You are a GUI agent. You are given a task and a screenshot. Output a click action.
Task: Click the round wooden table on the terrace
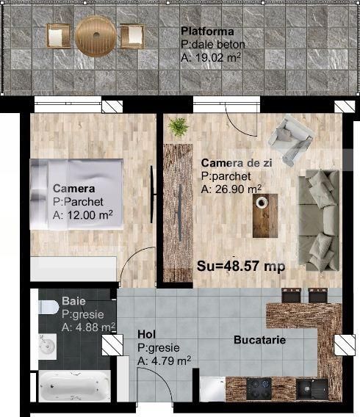[94, 35]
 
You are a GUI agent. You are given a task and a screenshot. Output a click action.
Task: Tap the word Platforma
[207, 32]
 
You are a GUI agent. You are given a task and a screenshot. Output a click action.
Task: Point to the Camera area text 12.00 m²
[82, 215]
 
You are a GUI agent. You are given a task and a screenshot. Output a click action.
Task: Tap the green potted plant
[177, 128]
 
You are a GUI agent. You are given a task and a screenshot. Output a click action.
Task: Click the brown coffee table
[265, 215]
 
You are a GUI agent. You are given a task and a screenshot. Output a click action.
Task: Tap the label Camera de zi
[237, 163]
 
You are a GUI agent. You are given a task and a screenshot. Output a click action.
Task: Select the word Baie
[73, 301]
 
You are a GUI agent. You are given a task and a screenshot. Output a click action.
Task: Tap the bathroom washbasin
[48, 344]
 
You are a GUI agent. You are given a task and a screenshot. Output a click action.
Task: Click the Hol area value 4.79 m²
[164, 360]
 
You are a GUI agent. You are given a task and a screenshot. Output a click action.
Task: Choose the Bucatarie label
[259, 341]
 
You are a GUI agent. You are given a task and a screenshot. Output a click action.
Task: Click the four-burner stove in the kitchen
[261, 386]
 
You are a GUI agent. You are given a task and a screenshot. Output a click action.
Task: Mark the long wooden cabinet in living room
[177, 213]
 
